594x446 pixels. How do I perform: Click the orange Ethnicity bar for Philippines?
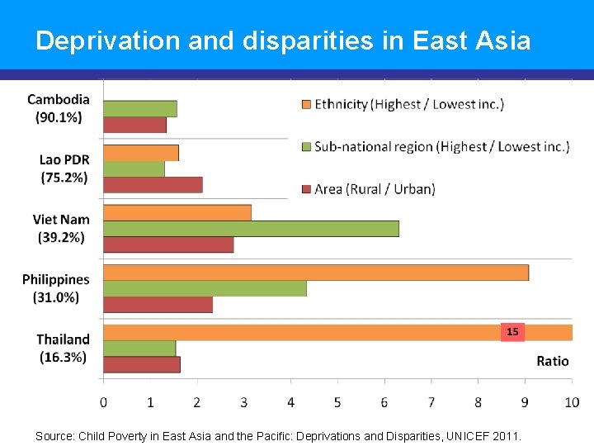click(315, 273)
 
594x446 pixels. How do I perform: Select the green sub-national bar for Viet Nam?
click(251, 229)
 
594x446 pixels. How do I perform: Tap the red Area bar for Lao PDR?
click(153, 184)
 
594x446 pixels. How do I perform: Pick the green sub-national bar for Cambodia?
click(139, 108)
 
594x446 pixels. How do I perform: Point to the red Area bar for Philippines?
click(158, 304)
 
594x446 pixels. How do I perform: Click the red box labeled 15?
click(512, 332)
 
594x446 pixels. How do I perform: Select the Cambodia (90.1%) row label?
click(59, 108)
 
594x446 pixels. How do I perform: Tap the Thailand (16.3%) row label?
click(63, 348)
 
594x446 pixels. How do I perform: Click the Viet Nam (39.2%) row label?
click(61, 228)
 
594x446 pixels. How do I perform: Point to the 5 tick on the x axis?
click(337, 402)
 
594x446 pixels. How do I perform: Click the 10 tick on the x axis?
click(572, 402)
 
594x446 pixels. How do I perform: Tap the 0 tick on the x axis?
click(103, 402)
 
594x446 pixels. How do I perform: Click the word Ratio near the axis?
click(552, 361)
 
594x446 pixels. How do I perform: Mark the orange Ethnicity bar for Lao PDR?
click(141, 153)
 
